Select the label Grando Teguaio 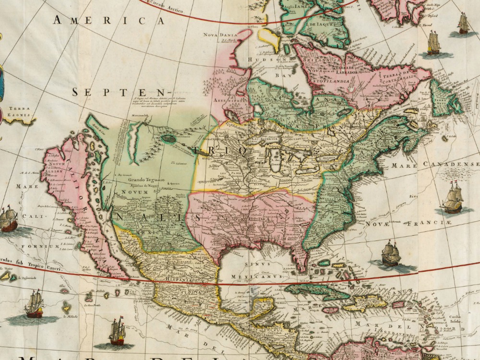[146, 180]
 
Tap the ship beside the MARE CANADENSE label [452, 198]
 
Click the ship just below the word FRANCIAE [391, 254]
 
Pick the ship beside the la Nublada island [34, 304]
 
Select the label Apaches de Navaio [146, 185]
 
